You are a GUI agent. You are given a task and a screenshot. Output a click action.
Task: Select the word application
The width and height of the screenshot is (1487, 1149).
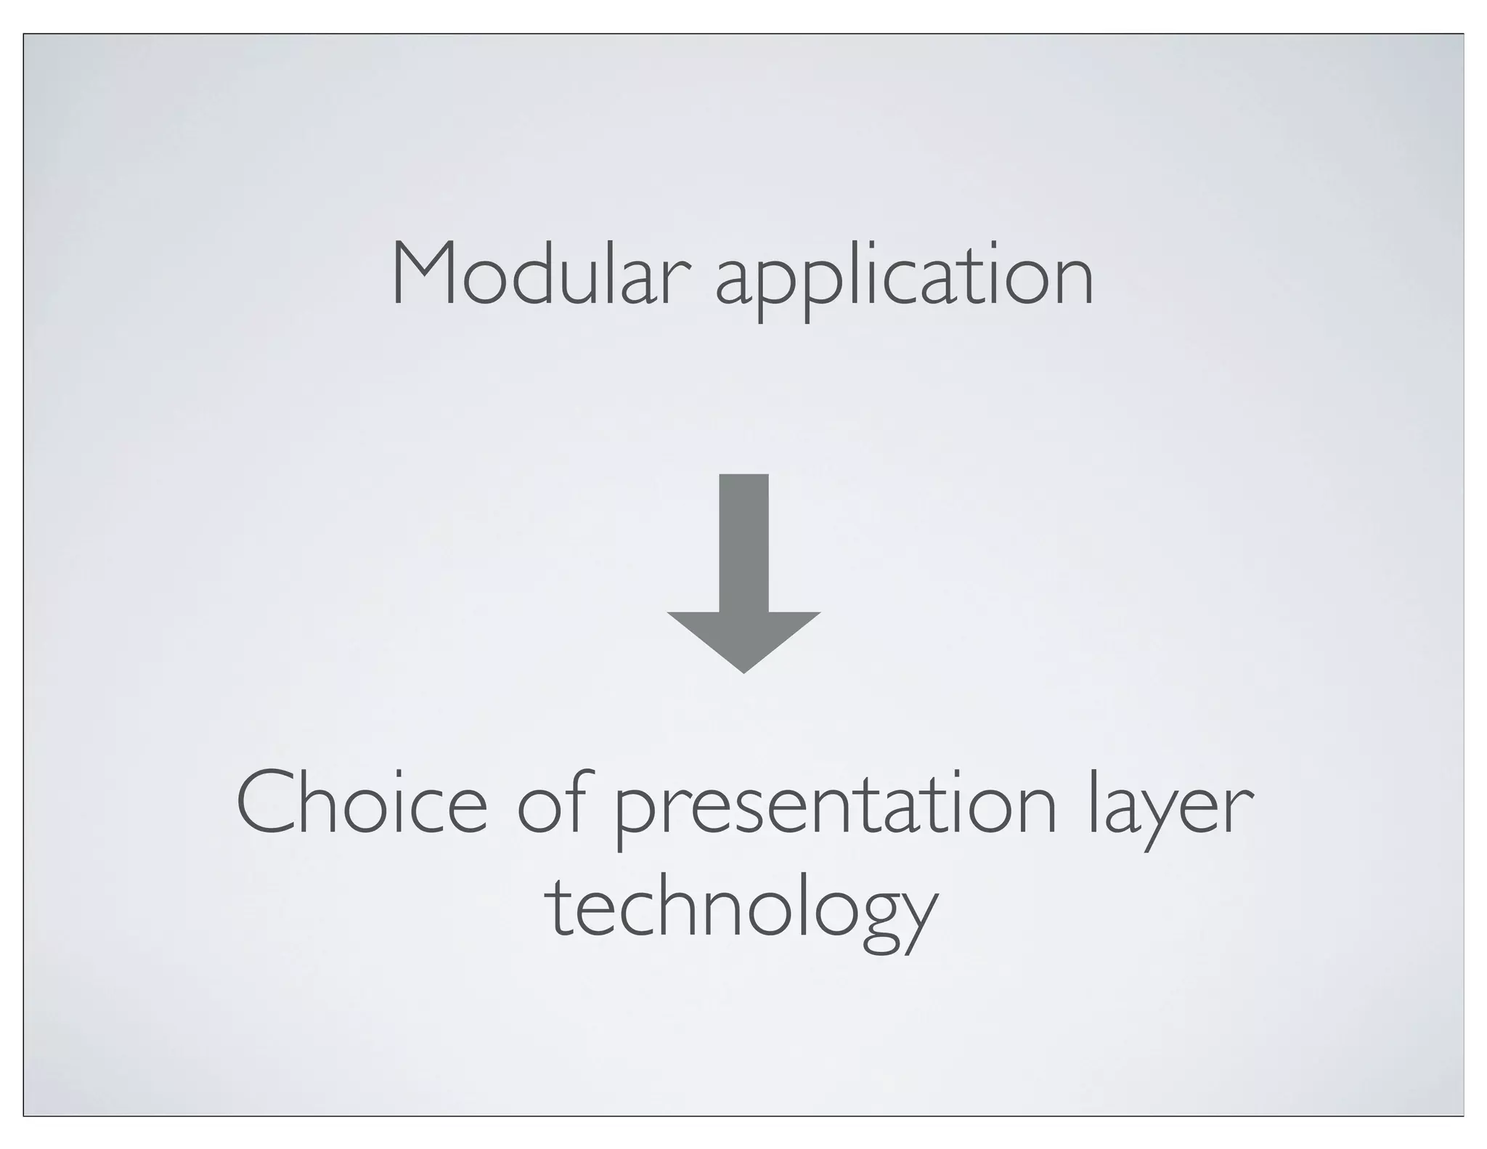[x=904, y=280]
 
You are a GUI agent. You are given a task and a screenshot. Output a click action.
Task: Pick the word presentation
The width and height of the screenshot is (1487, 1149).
[x=836, y=810]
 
